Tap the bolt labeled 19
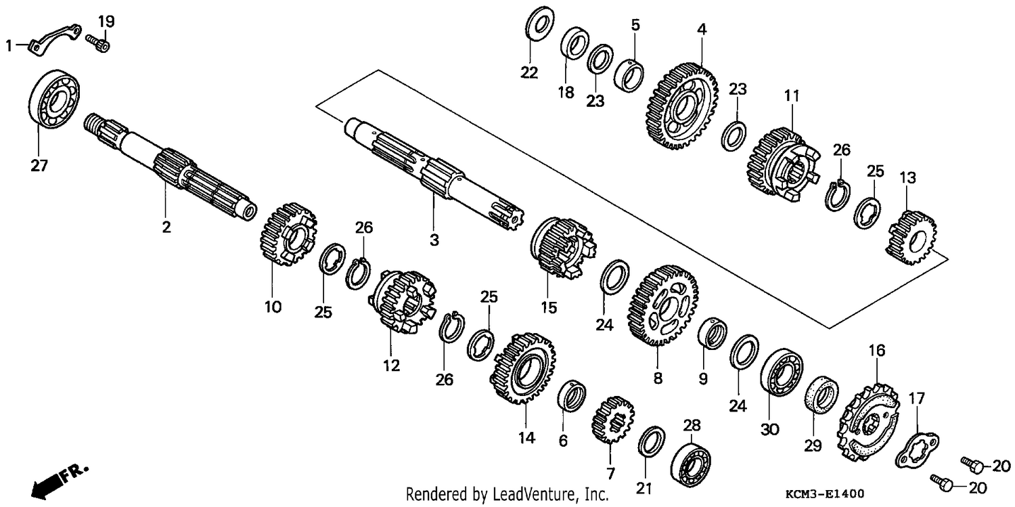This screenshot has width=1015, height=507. (x=98, y=43)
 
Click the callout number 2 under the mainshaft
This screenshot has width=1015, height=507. (x=166, y=227)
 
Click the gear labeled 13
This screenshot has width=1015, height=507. (x=911, y=238)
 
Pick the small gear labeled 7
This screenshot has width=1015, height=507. (x=612, y=420)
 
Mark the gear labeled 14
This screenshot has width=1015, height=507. (x=522, y=368)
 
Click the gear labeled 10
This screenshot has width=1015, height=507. (x=288, y=234)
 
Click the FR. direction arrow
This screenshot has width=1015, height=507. (x=60, y=483)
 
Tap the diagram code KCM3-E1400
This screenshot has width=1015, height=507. (x=825, y=493)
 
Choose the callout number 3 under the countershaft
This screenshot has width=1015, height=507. (x=434, y=239)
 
